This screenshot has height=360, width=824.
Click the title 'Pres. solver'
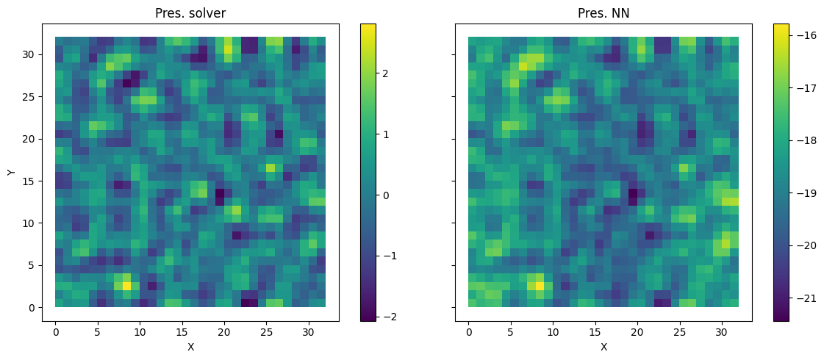(x=190, y=13)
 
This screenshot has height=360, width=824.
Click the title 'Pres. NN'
(x=603, y=13)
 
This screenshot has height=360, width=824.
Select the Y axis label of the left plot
(x=10, y=172)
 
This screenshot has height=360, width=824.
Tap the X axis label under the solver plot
(x=190, y=347)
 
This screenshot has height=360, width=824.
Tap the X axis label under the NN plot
(x=603, y=347)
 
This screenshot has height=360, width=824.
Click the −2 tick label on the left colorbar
(x=388, y=317)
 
